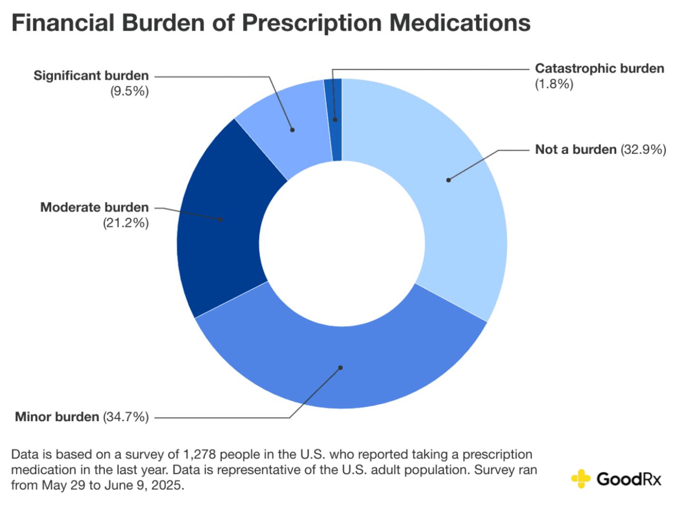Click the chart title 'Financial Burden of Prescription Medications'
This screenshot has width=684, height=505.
pyautogui.click(x=271, y=23)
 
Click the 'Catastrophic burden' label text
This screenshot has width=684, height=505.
pyautogui.click(x=599, y=68)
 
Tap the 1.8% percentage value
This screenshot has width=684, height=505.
pyautogui.click(x=554, y=84)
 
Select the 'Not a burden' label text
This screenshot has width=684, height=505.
pyautogui.click(x=575, y=150)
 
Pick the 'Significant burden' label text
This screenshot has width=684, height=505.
pyautogui.click(x=91, y=75)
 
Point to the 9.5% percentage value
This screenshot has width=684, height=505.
pyautogui.click(x=130, y=91)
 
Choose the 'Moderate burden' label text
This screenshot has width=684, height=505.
pyautogui.click(x=95, y=207)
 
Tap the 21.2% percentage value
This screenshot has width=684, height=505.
pyautogui.click(x=126, y=223)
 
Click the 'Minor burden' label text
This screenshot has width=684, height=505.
pyautogui.click(x=57, y=417)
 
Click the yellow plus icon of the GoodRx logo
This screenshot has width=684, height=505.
pyautogui.click(x=580, y=478)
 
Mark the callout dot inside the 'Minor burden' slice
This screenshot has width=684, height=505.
pyautogui.click(x=340, y=367)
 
